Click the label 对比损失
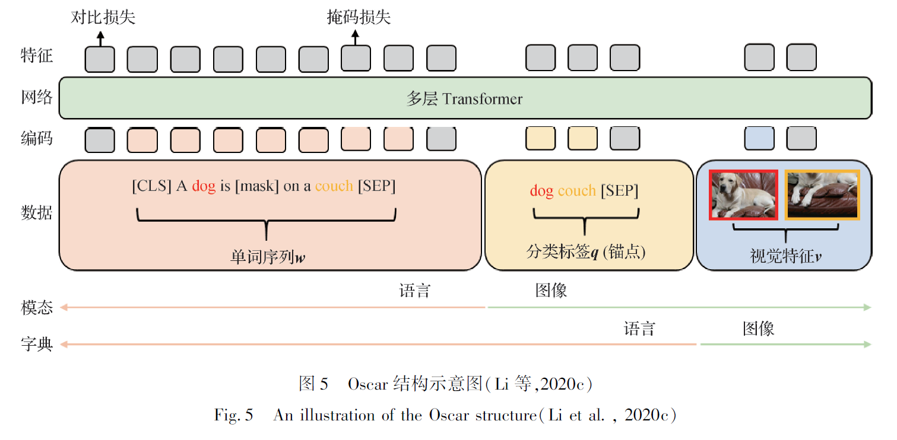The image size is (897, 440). coord(103,17)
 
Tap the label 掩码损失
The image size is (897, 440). coord(359,17)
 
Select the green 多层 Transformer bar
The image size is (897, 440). coord(465,98)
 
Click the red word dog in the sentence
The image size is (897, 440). coord(204,186)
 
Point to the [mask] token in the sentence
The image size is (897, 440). coord(256,186)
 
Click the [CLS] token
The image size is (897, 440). coord(152,186)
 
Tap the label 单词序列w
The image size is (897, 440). coord(268,257)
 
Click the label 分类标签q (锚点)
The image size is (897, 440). coord(585,252)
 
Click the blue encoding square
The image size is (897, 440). coord(759,139)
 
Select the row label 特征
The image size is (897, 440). coord(37,56)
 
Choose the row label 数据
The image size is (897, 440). coord(37,212)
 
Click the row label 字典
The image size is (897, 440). coord(37,344)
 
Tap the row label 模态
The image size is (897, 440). coord(37,307)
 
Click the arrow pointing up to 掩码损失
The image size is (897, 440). coord(356,38)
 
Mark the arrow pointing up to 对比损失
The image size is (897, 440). coord(100,38)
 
